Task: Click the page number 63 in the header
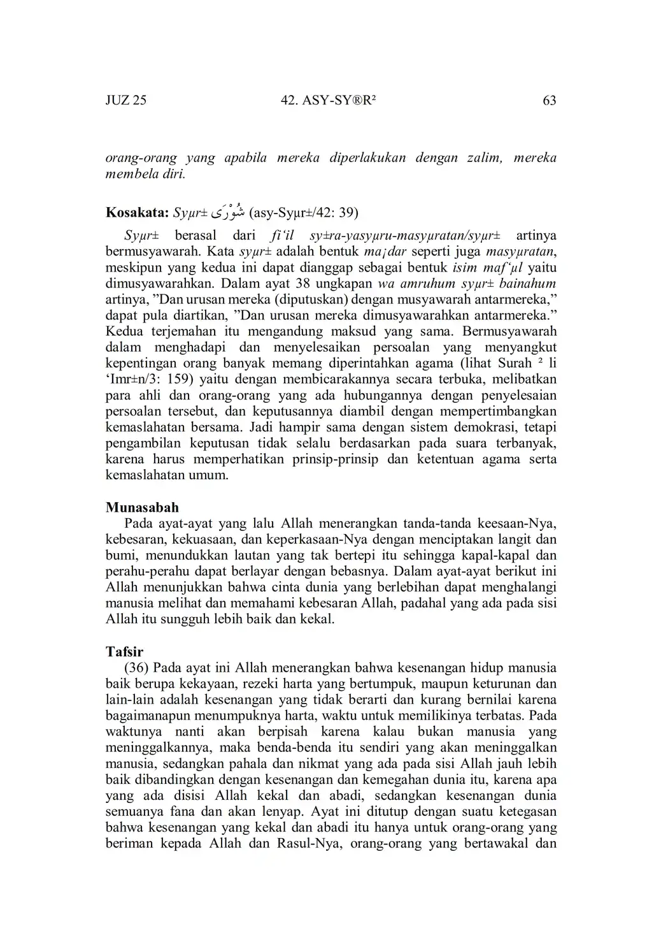pos(549,100)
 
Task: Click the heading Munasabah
pos(142,507)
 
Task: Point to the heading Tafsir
pos(124,651)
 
